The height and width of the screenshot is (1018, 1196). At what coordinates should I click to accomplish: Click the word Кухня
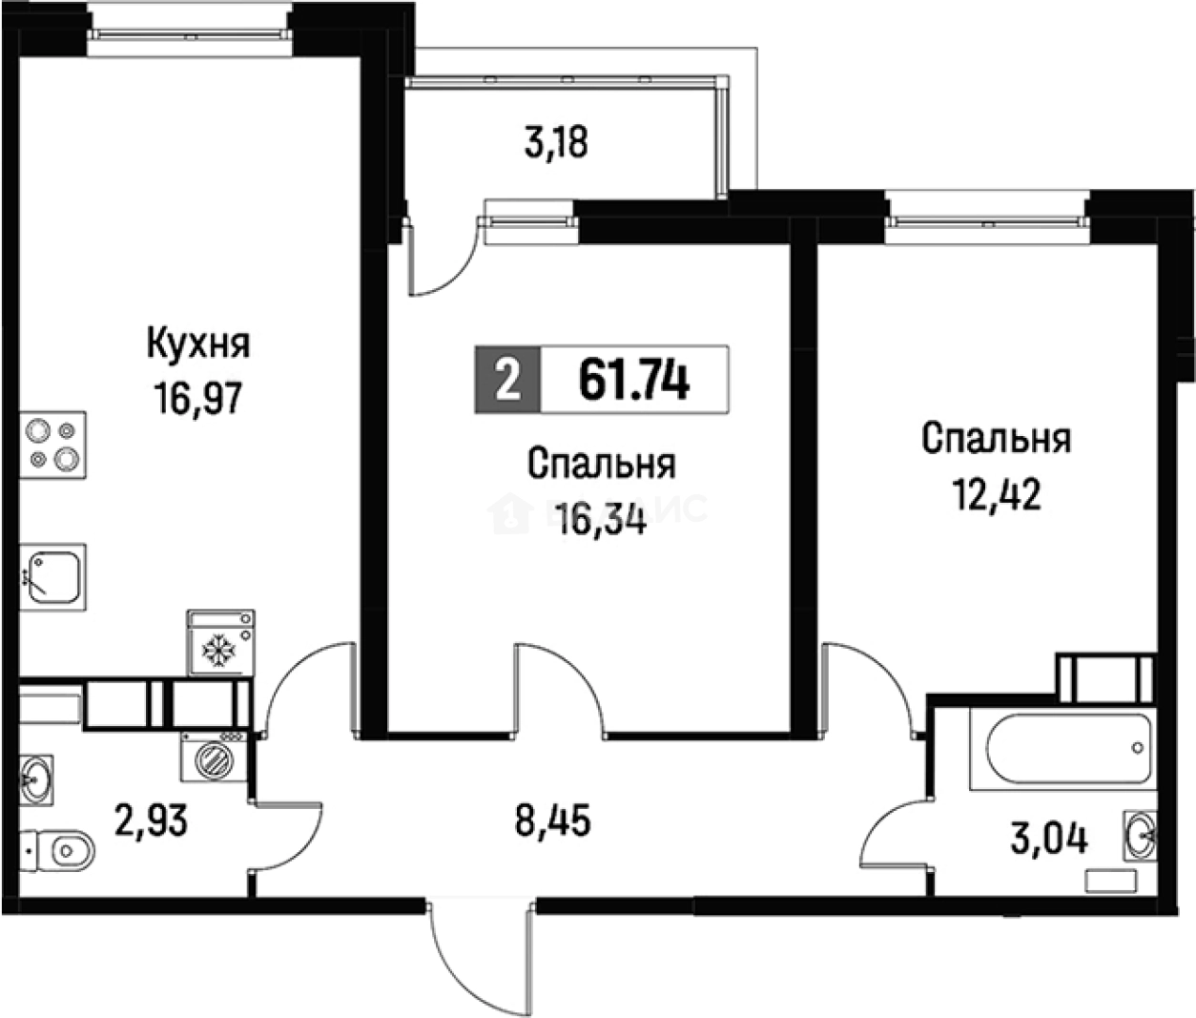tap(198, 343)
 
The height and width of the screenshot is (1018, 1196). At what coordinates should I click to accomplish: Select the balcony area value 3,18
tap(556, 142)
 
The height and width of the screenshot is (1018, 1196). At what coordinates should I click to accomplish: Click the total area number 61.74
tap(633, 380)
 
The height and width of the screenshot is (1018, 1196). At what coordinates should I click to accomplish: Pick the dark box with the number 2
tap(508, 380)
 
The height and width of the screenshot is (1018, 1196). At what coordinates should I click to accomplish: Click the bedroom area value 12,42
tap(997, 494)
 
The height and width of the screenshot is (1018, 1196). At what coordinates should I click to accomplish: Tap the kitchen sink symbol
tap(52, 577)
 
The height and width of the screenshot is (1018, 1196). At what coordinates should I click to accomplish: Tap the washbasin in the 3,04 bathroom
tap(1140, 837)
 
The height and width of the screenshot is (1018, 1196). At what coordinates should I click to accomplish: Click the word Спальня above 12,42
tap(997, 438)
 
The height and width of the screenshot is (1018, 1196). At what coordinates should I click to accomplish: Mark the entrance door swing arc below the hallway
tap(477, 954)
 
